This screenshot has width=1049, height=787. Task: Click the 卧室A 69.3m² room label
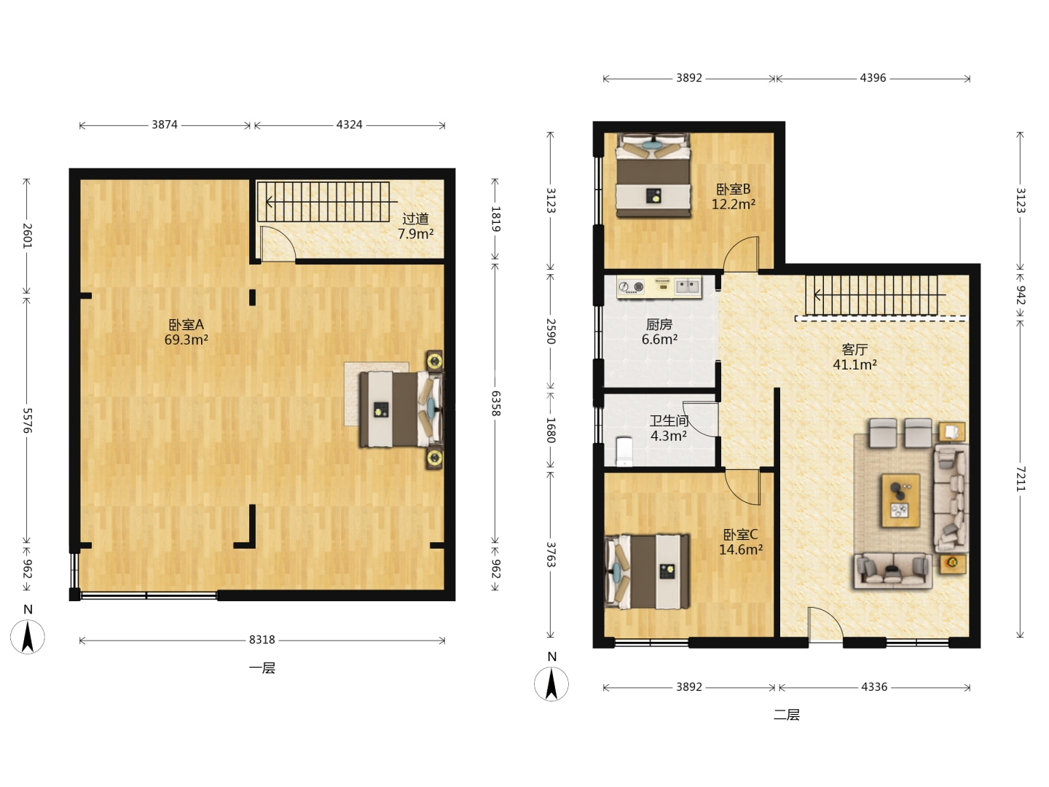pos(186,332)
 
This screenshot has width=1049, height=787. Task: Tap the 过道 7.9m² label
pos(415,226)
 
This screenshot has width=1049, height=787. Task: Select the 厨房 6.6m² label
pos(659,332)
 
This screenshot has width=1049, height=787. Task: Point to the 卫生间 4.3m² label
pos(669,428)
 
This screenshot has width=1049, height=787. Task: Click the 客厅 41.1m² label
pos(854,357)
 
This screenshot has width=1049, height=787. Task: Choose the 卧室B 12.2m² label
pos(733,197)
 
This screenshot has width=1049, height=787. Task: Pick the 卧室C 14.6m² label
pos(740,542)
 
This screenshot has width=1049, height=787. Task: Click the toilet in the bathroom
pos(624,451)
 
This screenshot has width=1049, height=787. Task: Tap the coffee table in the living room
pos(900,501)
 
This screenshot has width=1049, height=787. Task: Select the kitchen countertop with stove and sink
pos(659,287)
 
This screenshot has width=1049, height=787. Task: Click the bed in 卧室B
pos(653,176)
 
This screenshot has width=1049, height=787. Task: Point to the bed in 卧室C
pos(647,572)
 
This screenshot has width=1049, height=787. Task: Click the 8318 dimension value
pos(262,640)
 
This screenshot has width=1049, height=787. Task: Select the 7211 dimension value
pos(1019,479)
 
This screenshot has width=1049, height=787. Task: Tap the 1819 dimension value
pos(495,219)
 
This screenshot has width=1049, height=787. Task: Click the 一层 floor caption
pos(262,668)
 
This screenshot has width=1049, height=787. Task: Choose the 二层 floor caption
pos(787,715)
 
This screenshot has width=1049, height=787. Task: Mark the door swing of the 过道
pos(278,243)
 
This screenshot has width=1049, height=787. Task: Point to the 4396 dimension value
pos(873,78)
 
